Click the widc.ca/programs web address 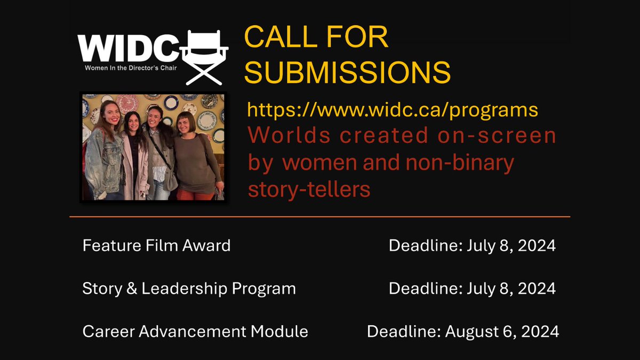(393, 110)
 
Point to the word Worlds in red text (282, 136)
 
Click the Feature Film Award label (156, 246)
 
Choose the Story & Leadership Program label (189, 289)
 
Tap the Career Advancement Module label (195, 331)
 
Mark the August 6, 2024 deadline (502, 331)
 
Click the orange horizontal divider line (320, 217)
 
